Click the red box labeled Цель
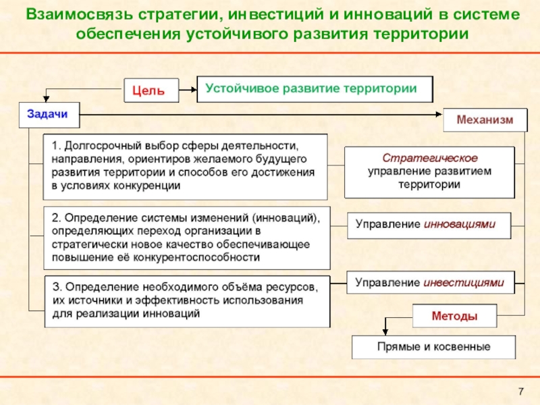pos(151,90)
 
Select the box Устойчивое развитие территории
pos(315,88)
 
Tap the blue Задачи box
pos(48,114)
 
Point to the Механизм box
pos(484,120)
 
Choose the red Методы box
pos(454,315)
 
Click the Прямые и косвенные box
pos(433,347)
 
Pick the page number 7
pos(520,392)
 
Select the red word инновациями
pos(459,224)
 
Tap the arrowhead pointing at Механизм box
pos(438,115)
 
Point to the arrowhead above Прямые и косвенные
pos(384,331)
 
